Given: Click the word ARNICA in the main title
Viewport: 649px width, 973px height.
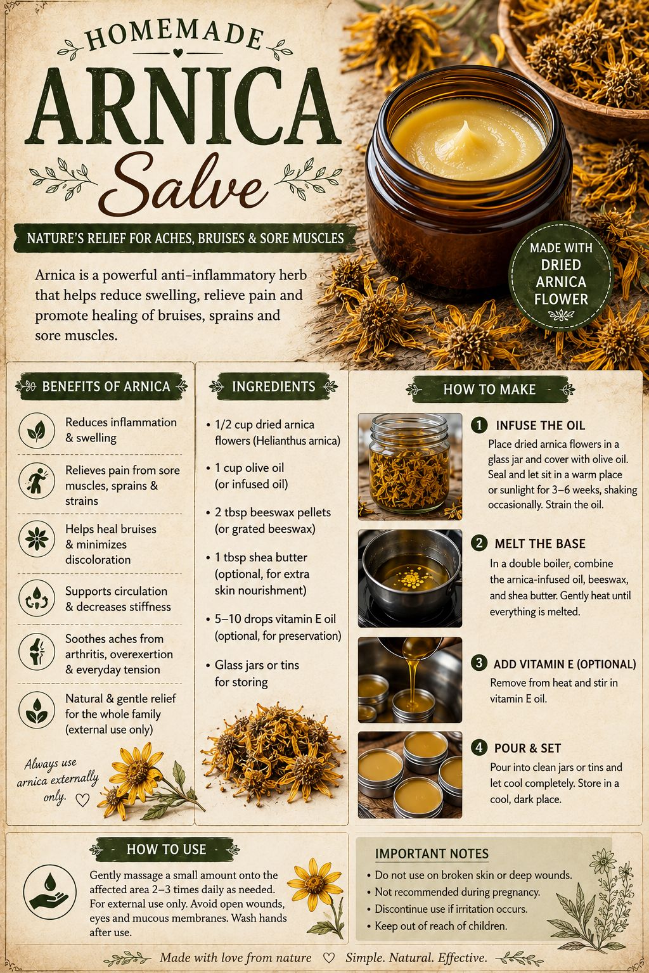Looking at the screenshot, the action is click(x=183, y=106).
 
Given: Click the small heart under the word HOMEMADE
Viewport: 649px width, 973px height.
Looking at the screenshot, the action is click(x=177, y=53).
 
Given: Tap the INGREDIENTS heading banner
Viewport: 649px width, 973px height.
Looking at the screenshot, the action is click(x=273, y=386).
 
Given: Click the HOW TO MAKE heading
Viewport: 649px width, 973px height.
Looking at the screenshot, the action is click(x=489, y=389).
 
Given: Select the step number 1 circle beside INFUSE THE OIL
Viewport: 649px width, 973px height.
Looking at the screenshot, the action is click(x=479, y=425).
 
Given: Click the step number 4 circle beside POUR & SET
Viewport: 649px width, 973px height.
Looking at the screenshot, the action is click(x=479, y=747).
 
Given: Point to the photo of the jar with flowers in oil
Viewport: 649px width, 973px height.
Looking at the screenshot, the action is click(x=410, y=466).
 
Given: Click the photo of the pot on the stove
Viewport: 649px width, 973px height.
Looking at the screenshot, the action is click(x=410, y=578).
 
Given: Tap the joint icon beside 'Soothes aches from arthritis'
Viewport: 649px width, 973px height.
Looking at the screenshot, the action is click(x=37, y=651).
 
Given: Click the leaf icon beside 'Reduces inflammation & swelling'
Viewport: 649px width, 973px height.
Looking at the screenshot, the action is click(x=37, y=431).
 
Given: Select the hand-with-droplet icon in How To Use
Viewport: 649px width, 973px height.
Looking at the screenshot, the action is click(x=49, y=892).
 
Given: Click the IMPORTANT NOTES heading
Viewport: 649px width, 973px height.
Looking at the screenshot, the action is click(x=432, y=853).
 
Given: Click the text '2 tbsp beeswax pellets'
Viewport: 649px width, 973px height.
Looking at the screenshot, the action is click(x=273, y=512).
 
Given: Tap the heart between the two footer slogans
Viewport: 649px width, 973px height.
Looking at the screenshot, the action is click(x=329, y=957).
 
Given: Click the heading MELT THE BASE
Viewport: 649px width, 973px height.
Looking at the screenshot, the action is click(x=540, y=544).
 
